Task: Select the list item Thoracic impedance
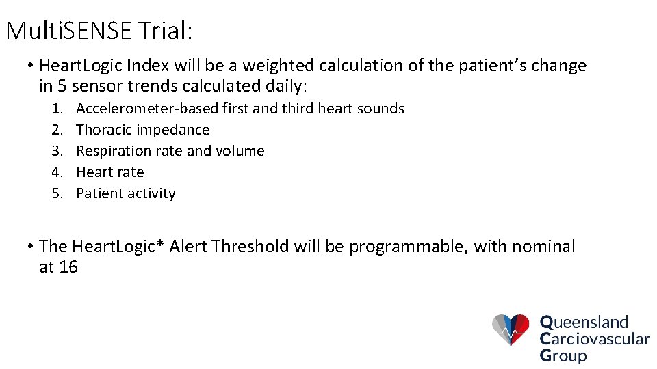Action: pyautogui.click(x=142, y=130)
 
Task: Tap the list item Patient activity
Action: pyautogui.click(x=126, y=193)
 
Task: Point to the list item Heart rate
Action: pyautogui.click(x=110, y=172)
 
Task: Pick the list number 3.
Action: pyautogui.click(x=57, y=151)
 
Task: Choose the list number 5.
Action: pyautogui.click(x=57, y=193)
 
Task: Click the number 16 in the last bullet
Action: pyautogui.click(x=68, y=267)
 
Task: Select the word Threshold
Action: pyautogui.click(x=250, y=247)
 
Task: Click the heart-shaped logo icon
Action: pyautogui.click(x=511, y=330)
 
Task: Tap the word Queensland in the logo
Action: pyautogui.click(x=584, y=322)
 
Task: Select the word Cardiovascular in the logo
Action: pyautogui.click(x=594, y=338)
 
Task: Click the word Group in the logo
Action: pyautogui.click(x=563, y=355)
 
